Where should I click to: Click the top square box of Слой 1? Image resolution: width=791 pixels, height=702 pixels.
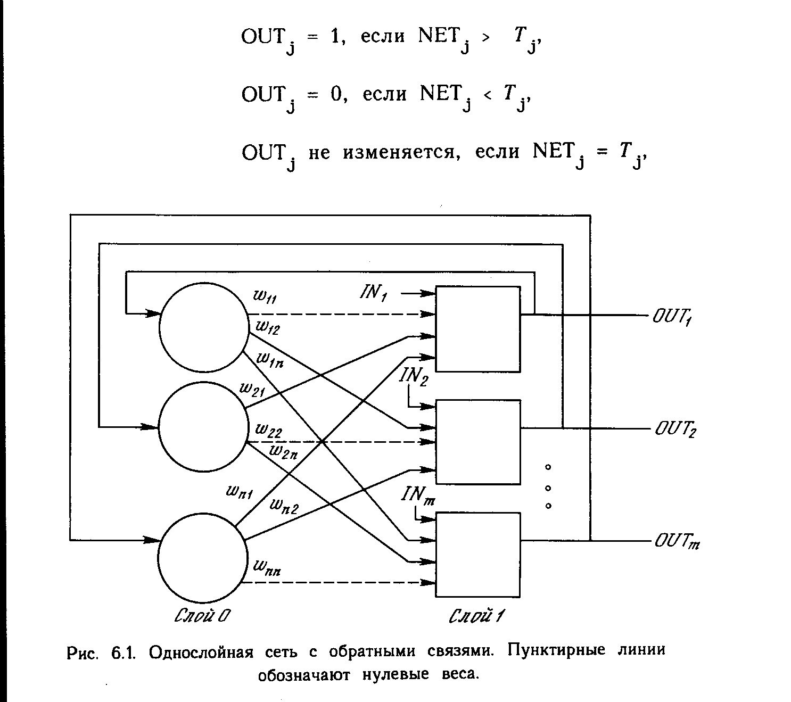point(477,329)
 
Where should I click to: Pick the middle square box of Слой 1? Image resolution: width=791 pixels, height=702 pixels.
point(477,442)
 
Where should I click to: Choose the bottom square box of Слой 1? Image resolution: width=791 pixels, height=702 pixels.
point(477,555)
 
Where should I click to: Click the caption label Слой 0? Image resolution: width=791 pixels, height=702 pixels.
point(203,616)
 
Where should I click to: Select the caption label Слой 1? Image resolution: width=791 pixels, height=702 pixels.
point(477,616)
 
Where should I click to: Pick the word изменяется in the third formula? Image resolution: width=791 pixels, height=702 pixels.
point(400,153)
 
